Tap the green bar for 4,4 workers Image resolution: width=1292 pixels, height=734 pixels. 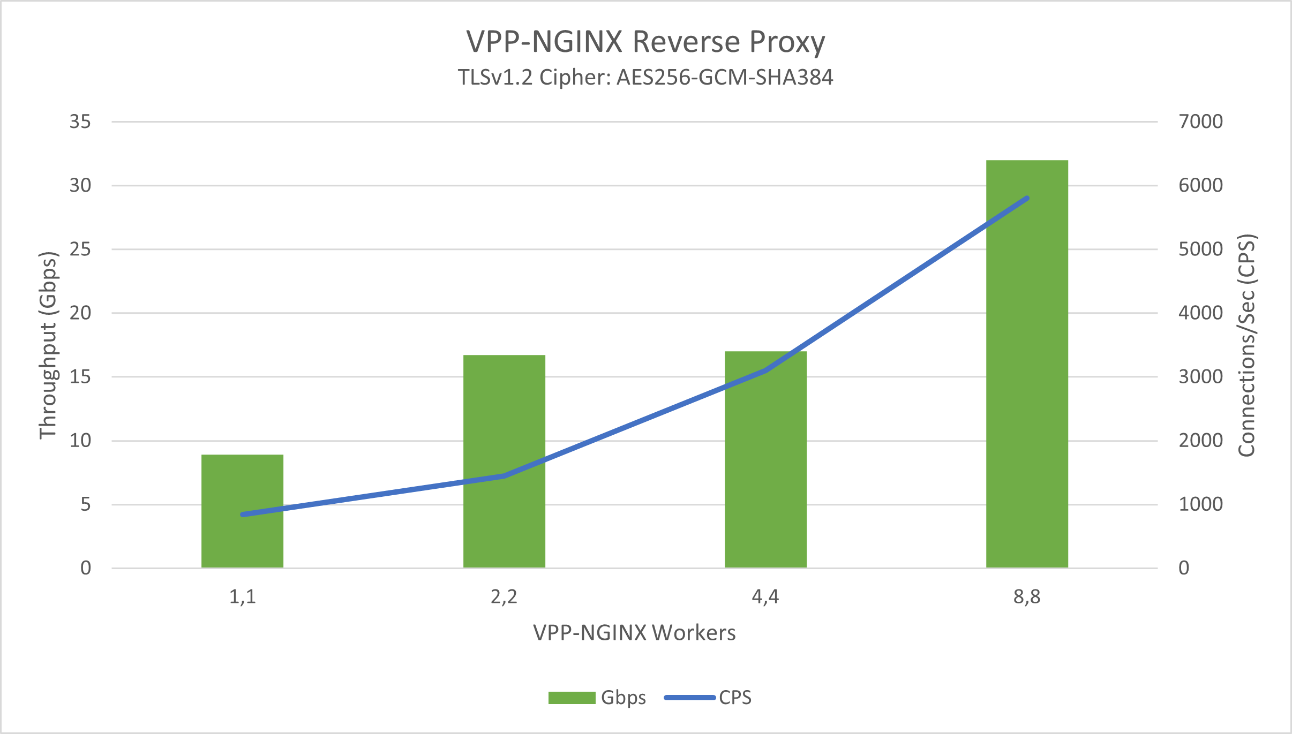coord(765,482)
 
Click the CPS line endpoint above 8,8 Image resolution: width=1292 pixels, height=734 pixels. coord(1027,199)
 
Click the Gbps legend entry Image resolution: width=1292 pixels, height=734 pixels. coord(597,698)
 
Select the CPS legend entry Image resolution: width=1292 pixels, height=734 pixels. coord(708,698)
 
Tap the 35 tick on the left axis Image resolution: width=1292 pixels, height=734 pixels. coord(80,122)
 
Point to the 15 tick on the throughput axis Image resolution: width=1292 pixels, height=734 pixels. coord(80,376)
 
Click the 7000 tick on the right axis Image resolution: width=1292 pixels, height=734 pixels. coord(1200,122)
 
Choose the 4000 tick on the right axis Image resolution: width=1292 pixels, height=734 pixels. coord(1200,313)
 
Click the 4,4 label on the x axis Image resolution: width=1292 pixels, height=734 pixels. coord(765,596)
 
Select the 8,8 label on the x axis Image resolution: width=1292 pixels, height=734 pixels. coord(1027,596)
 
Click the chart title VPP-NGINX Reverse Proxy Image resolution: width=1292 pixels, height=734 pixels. coord(645,42)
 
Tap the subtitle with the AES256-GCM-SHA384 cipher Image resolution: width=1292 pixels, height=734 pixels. coord(645,78)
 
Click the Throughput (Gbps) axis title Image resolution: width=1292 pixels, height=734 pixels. coord(48,345)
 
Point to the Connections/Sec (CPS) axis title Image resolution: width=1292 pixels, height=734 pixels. coord(1247,345)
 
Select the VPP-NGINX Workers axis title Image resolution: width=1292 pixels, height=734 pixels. coord(634,633)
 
